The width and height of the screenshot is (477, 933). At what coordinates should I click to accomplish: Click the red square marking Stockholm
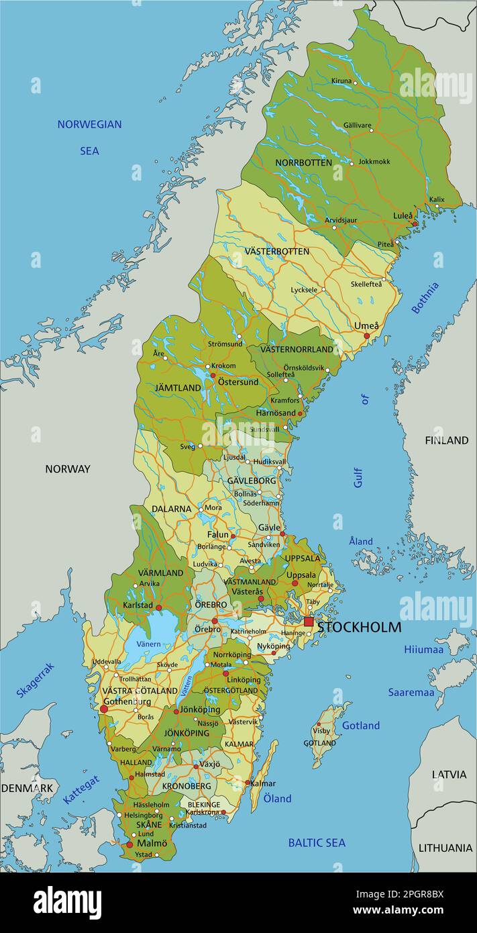point(309,622)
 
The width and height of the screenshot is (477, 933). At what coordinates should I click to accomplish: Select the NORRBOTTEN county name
point(303,162)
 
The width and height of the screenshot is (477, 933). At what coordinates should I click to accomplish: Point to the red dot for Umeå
point(366,336)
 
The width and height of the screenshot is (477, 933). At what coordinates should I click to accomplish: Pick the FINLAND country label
point(446,440)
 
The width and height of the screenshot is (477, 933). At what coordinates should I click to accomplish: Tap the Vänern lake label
point(148,644)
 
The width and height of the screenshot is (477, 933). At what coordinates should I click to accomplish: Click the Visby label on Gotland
point(321,731)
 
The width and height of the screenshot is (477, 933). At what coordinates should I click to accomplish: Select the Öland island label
point(277,798)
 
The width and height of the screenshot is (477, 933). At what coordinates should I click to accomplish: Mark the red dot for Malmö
point(129,844)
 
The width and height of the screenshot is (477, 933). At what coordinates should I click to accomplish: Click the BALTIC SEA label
point(317,842)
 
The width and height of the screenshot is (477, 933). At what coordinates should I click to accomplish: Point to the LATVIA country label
point(449,774)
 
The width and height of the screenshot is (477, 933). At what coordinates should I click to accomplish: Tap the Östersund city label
point(237,382)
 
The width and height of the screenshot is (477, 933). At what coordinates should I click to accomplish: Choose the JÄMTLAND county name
point(178,388)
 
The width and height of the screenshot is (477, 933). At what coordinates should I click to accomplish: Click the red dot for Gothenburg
point(104,709)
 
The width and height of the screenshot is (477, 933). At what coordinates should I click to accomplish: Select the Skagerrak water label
point(35,679)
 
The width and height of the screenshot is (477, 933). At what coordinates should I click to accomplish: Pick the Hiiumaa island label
point(423,649)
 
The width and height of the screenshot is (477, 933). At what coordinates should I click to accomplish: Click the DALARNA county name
point(171,509)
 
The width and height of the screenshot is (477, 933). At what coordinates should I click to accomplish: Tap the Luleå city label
point(403,215)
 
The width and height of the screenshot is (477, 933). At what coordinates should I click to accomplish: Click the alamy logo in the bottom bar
point(67,903)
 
